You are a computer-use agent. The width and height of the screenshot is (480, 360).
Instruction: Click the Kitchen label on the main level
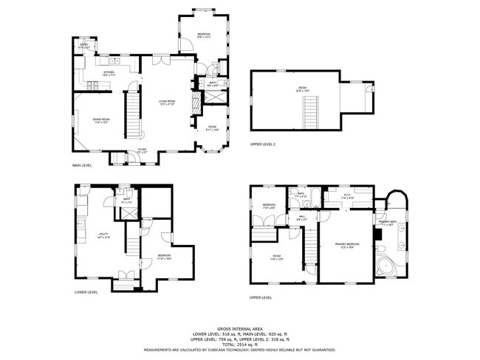coord(109,72)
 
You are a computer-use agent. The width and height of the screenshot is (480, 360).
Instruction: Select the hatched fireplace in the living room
coord(195,103)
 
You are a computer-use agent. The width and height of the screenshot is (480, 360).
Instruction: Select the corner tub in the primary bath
coord(386,266)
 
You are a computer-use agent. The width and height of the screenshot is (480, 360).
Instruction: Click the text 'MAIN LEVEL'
coord(82,165)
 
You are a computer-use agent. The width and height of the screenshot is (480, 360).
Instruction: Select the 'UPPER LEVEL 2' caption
coord(263,144)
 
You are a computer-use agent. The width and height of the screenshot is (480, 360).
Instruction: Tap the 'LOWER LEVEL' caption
coord(86,292)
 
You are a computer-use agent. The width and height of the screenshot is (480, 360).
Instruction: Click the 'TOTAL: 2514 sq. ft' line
coord(240,344)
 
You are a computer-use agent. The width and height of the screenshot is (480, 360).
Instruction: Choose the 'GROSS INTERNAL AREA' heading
coord(240,328)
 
